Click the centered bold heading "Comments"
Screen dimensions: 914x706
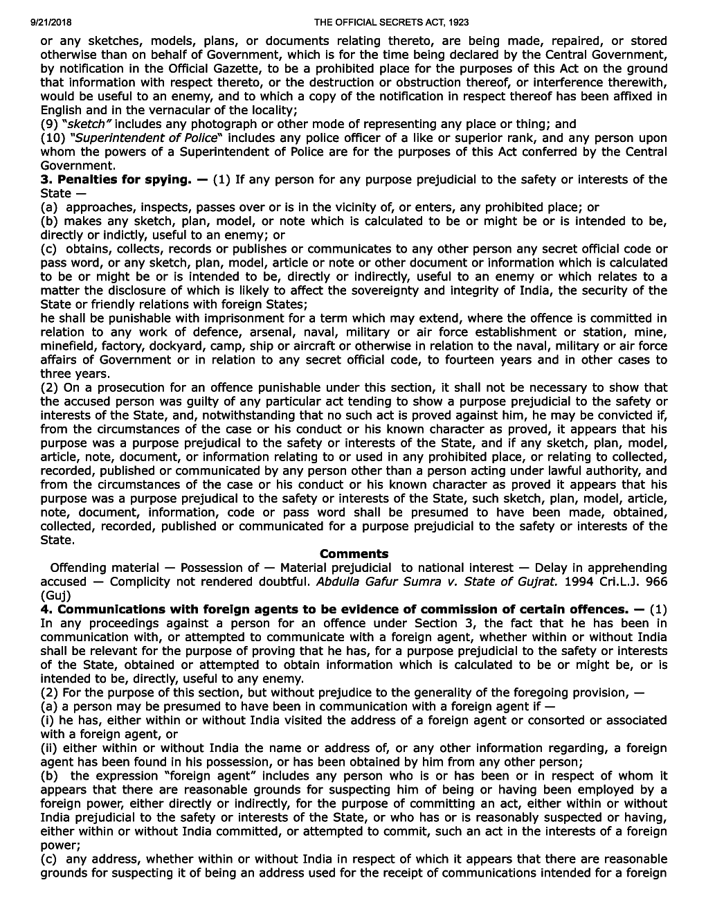pos(354,554)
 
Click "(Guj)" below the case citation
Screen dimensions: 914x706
pos(55,595)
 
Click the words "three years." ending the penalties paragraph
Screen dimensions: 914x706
pos(69,373)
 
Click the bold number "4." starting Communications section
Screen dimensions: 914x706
pos(46,609)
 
